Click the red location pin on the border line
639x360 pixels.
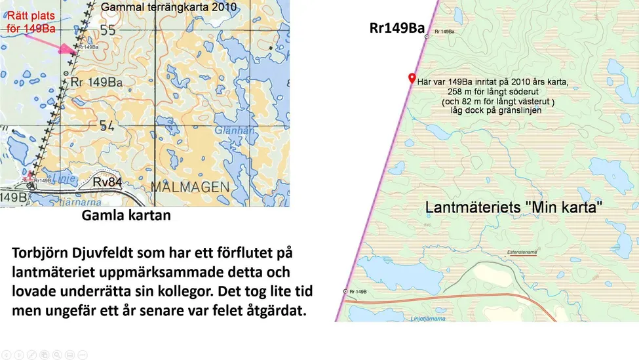(x=412, y=78)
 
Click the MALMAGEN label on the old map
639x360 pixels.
(x=190, y=187)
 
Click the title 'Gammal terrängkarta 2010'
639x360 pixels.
(x=168, y=7)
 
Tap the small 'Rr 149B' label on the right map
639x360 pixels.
(x=358, y=291)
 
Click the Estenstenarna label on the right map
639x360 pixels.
(x=523, y=252)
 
